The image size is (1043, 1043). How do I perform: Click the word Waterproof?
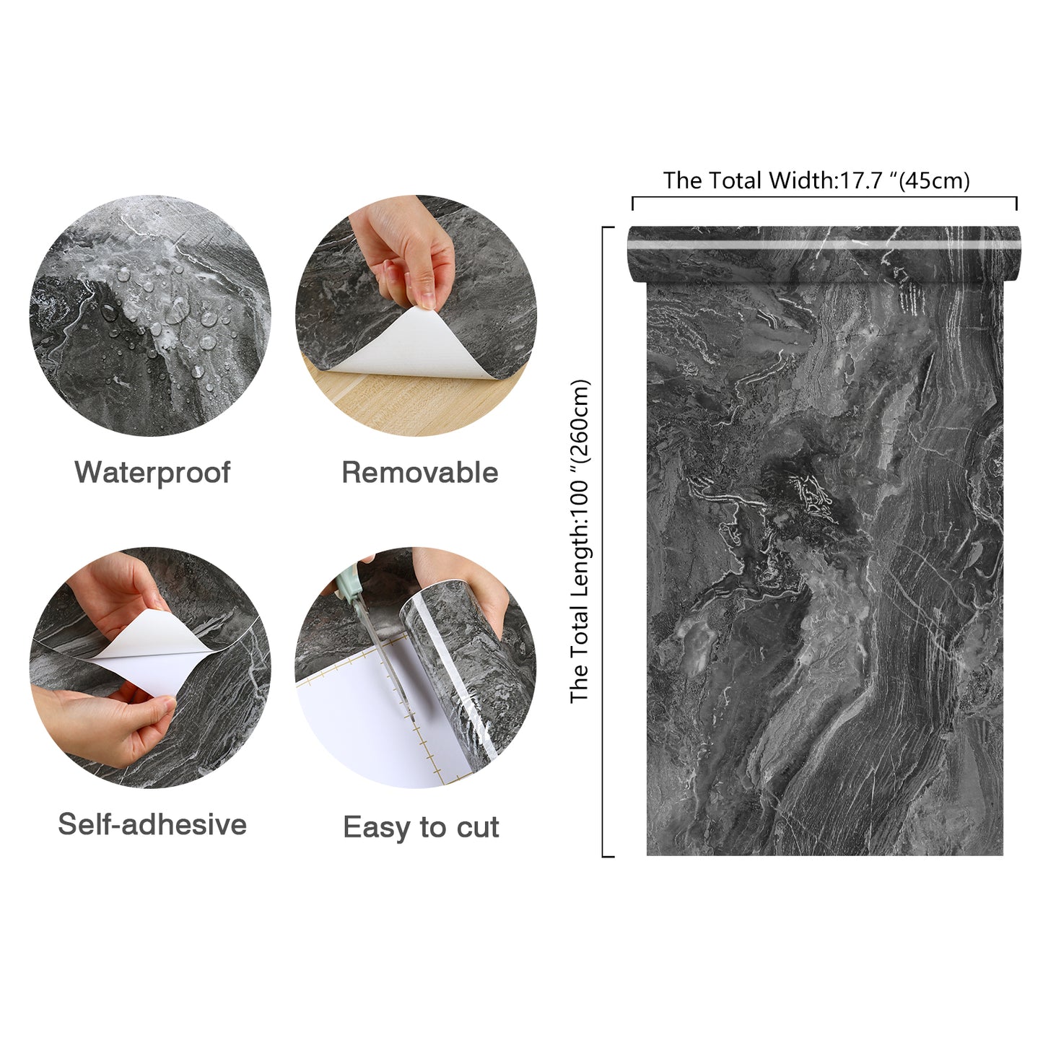152,473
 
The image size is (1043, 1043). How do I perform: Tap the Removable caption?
419,473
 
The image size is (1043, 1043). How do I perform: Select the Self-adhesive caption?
152,824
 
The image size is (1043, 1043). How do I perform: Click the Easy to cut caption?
421,827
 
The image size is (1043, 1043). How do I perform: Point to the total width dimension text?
816,180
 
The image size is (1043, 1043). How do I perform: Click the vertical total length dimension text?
580,541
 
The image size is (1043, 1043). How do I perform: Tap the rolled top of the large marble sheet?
823,253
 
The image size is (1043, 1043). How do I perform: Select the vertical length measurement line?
603,541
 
